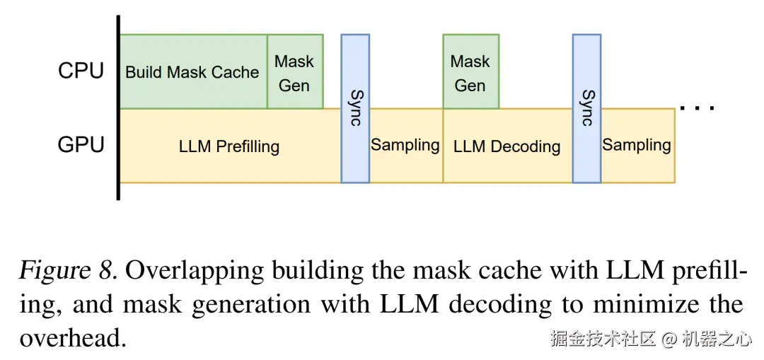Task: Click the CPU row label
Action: coord(81,71)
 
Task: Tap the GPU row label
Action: coord(81,145)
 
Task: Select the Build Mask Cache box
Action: coord(193,71)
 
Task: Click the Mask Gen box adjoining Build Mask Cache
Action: coord(295,71)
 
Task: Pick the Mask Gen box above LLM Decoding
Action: coord(470,71)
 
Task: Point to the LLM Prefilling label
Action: coord(229,146)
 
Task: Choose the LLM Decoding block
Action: coord(507,146)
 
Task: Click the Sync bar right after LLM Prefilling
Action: coord(355,109)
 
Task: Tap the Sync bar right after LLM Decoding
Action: coord(586,109)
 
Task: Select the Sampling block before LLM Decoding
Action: coord(406,146)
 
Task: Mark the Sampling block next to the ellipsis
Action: coord(638,146)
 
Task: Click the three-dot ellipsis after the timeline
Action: coord(698,108)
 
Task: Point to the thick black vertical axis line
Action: coord(118,108)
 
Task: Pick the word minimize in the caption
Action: coord(666,304)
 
